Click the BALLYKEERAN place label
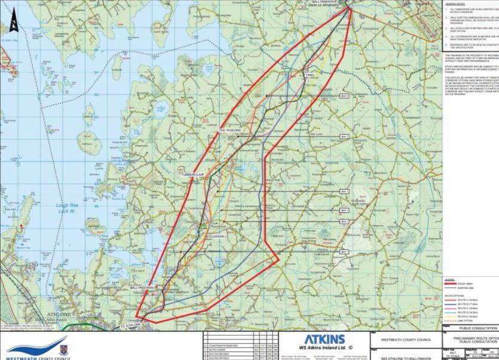[142, 288]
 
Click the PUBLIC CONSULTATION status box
[469, 328]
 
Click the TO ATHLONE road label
[130, 326]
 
